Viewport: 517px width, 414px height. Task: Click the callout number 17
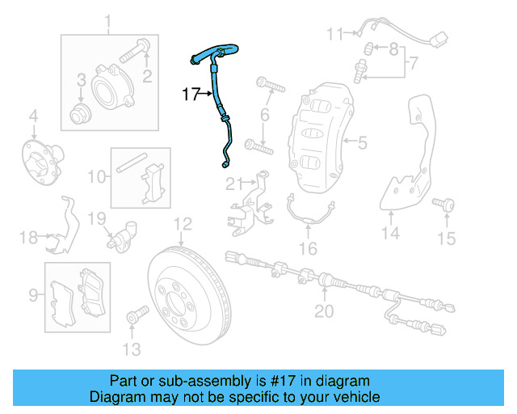pos(190,95)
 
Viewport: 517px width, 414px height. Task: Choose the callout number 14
pos(391,234)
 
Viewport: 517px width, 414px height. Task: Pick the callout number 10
pos(96,175)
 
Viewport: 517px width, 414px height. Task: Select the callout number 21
pos(233,181)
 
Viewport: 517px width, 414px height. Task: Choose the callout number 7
pos(413,61)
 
